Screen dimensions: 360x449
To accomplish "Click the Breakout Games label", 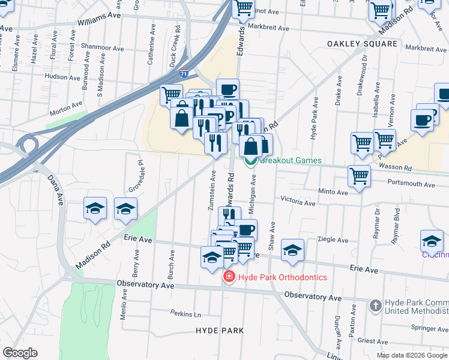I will (x=291, y=161).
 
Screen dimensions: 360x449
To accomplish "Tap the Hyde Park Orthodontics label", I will (x=282, y=277).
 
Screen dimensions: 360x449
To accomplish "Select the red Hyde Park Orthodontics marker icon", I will (x=229, y=277).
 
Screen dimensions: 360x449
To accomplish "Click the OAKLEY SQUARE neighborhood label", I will (x=362, y=44).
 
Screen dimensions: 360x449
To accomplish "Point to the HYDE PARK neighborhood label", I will (x=220, y=331).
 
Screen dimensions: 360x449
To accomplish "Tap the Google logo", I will (x=20, y=353).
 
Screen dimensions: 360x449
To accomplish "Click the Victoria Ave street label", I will (x=298, y=203).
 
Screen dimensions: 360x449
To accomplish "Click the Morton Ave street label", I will (x=66, y=107).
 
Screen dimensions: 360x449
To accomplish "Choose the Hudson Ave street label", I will (x=62, y=76).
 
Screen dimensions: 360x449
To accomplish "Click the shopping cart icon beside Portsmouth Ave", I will (x=359, y=176).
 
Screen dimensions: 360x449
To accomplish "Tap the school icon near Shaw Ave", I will (x=292, y=251).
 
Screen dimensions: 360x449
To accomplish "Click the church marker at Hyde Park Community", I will (x=375, y=305).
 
